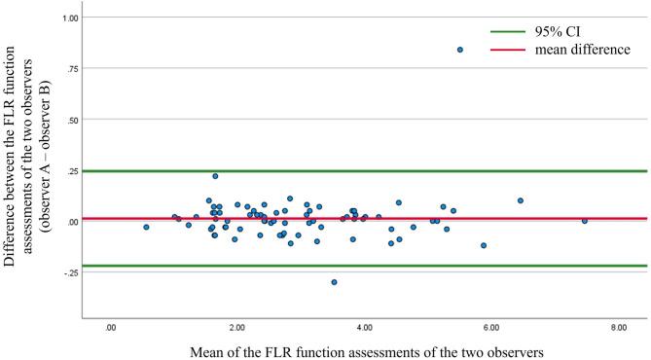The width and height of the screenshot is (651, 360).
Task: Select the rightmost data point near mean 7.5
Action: click(x=585, y=221)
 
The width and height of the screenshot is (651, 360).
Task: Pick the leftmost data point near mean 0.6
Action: click(x=146, y=227)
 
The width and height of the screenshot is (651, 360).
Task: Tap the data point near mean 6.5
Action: click(x=521, y=200)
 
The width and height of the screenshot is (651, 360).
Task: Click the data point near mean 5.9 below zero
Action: click(x=484, y=246)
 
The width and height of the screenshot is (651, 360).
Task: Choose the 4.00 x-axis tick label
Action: click(x=365, y=329)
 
